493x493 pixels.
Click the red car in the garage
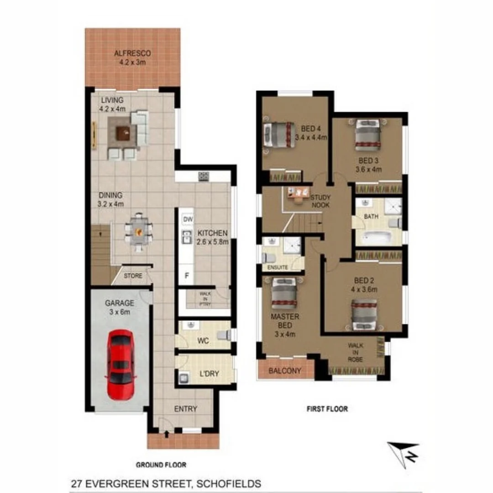point(121,364)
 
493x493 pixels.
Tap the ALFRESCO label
point(132,53)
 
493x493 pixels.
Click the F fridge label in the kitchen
point(186,275)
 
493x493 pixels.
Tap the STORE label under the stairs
point(133,276)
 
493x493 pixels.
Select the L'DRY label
point(210,373)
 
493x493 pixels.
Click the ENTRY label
point(186,409)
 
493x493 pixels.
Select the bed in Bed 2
point(364,315)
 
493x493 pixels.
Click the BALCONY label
point(285,371)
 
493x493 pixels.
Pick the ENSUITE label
point(278,267)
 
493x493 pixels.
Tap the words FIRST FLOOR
point(327,409)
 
